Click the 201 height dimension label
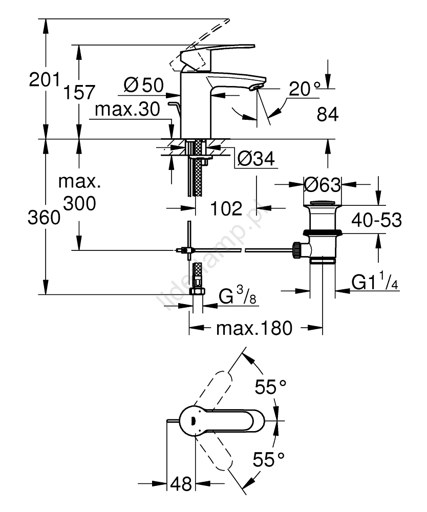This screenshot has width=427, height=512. [x=45, y=80]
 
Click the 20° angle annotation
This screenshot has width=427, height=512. [x=307, y=90]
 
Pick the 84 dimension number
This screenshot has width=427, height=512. [x=328, y=116]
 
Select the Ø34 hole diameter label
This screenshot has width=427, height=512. [x=257, y=160]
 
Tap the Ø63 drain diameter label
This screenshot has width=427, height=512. [x=322, y=184]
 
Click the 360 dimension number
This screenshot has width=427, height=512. [x=45, y=219]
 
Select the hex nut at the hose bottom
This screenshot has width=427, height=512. [x=197, y=292]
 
